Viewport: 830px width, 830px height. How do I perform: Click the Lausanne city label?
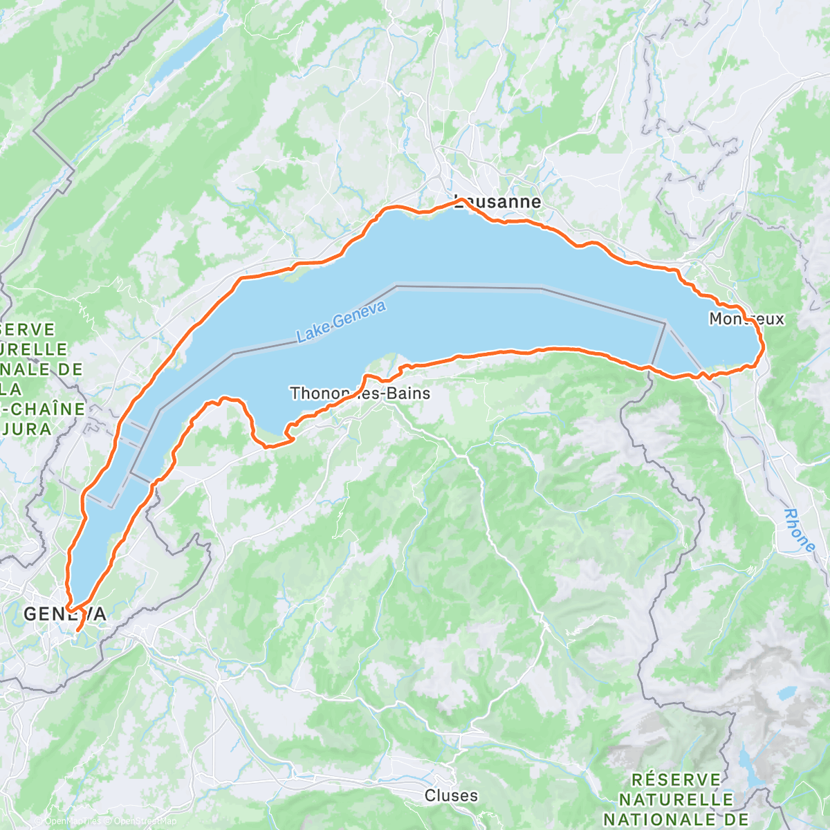pos(497,202)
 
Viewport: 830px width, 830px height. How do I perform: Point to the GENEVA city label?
pos(65,614)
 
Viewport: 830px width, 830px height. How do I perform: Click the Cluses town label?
pos(451,795)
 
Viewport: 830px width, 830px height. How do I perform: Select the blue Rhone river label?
pos(800,530)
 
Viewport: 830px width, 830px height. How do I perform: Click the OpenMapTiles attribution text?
pos(72,821)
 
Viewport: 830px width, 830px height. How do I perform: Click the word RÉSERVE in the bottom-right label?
pos(676,780)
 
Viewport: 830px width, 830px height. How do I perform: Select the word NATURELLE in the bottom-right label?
pos(676,800)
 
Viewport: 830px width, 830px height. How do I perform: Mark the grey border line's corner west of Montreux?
pos(665,322)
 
